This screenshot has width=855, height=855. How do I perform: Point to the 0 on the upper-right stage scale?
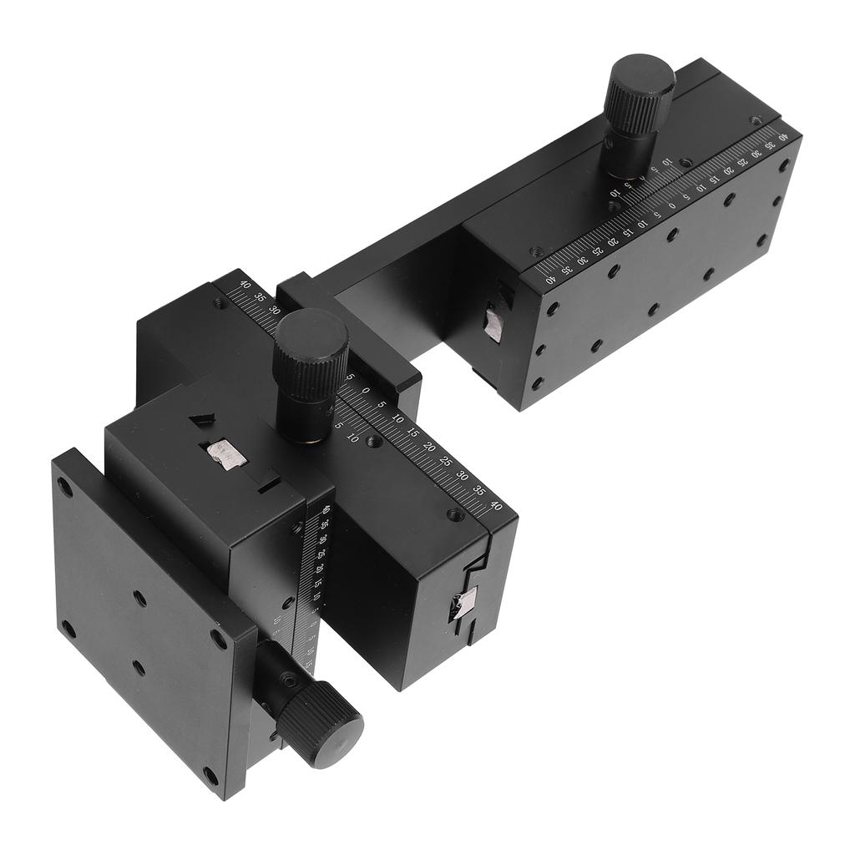[672, 205]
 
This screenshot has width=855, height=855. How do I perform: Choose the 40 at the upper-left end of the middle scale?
[245, 284]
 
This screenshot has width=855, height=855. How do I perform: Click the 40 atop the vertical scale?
[326, 511]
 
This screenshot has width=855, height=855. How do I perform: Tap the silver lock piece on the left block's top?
[224, 453]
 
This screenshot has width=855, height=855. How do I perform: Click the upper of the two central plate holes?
[139, 598]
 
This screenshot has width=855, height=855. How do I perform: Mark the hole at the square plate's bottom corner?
[210, 776]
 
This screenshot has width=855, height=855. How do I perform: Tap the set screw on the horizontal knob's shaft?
[289, 680]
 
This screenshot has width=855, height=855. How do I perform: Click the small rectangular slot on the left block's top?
[268, 483]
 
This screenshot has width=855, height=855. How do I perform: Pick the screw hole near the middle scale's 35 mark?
[455, 515]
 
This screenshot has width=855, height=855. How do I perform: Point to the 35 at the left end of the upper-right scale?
[567, 270]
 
